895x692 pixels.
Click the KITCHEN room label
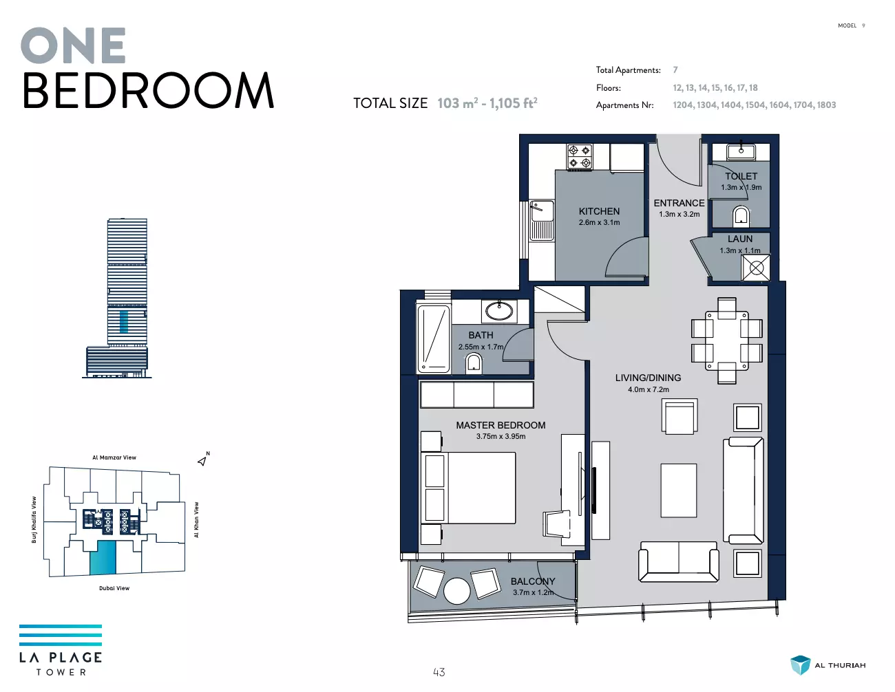[x=599, y=211]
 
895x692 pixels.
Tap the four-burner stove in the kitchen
[x=580, y=157]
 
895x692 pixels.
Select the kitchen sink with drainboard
[x=541, y=221]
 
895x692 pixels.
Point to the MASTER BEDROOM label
[x=501, y=425]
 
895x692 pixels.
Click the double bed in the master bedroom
[x=468, y=488]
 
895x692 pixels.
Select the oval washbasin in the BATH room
[x=499, y=311]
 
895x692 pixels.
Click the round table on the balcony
[x=456, y=591]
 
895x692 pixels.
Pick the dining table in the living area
[x=727, y=340]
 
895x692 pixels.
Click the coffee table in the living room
[x=679, y=490]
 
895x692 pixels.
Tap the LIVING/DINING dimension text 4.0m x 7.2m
[x=649, y=389]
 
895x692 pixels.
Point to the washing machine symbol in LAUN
[x=756, y=268]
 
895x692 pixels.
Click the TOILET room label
[x=741, y=176]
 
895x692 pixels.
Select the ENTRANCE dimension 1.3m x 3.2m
[x=680, y=214]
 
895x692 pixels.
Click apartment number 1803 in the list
[x=826, y=105]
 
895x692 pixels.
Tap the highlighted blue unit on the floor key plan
[x=103, y=557]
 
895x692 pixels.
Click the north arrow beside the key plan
[x=202, y=461]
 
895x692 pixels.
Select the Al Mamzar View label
[x=114, y=457]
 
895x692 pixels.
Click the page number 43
[x=439, y=672]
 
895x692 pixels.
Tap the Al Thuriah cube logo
[x=800, y=665]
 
